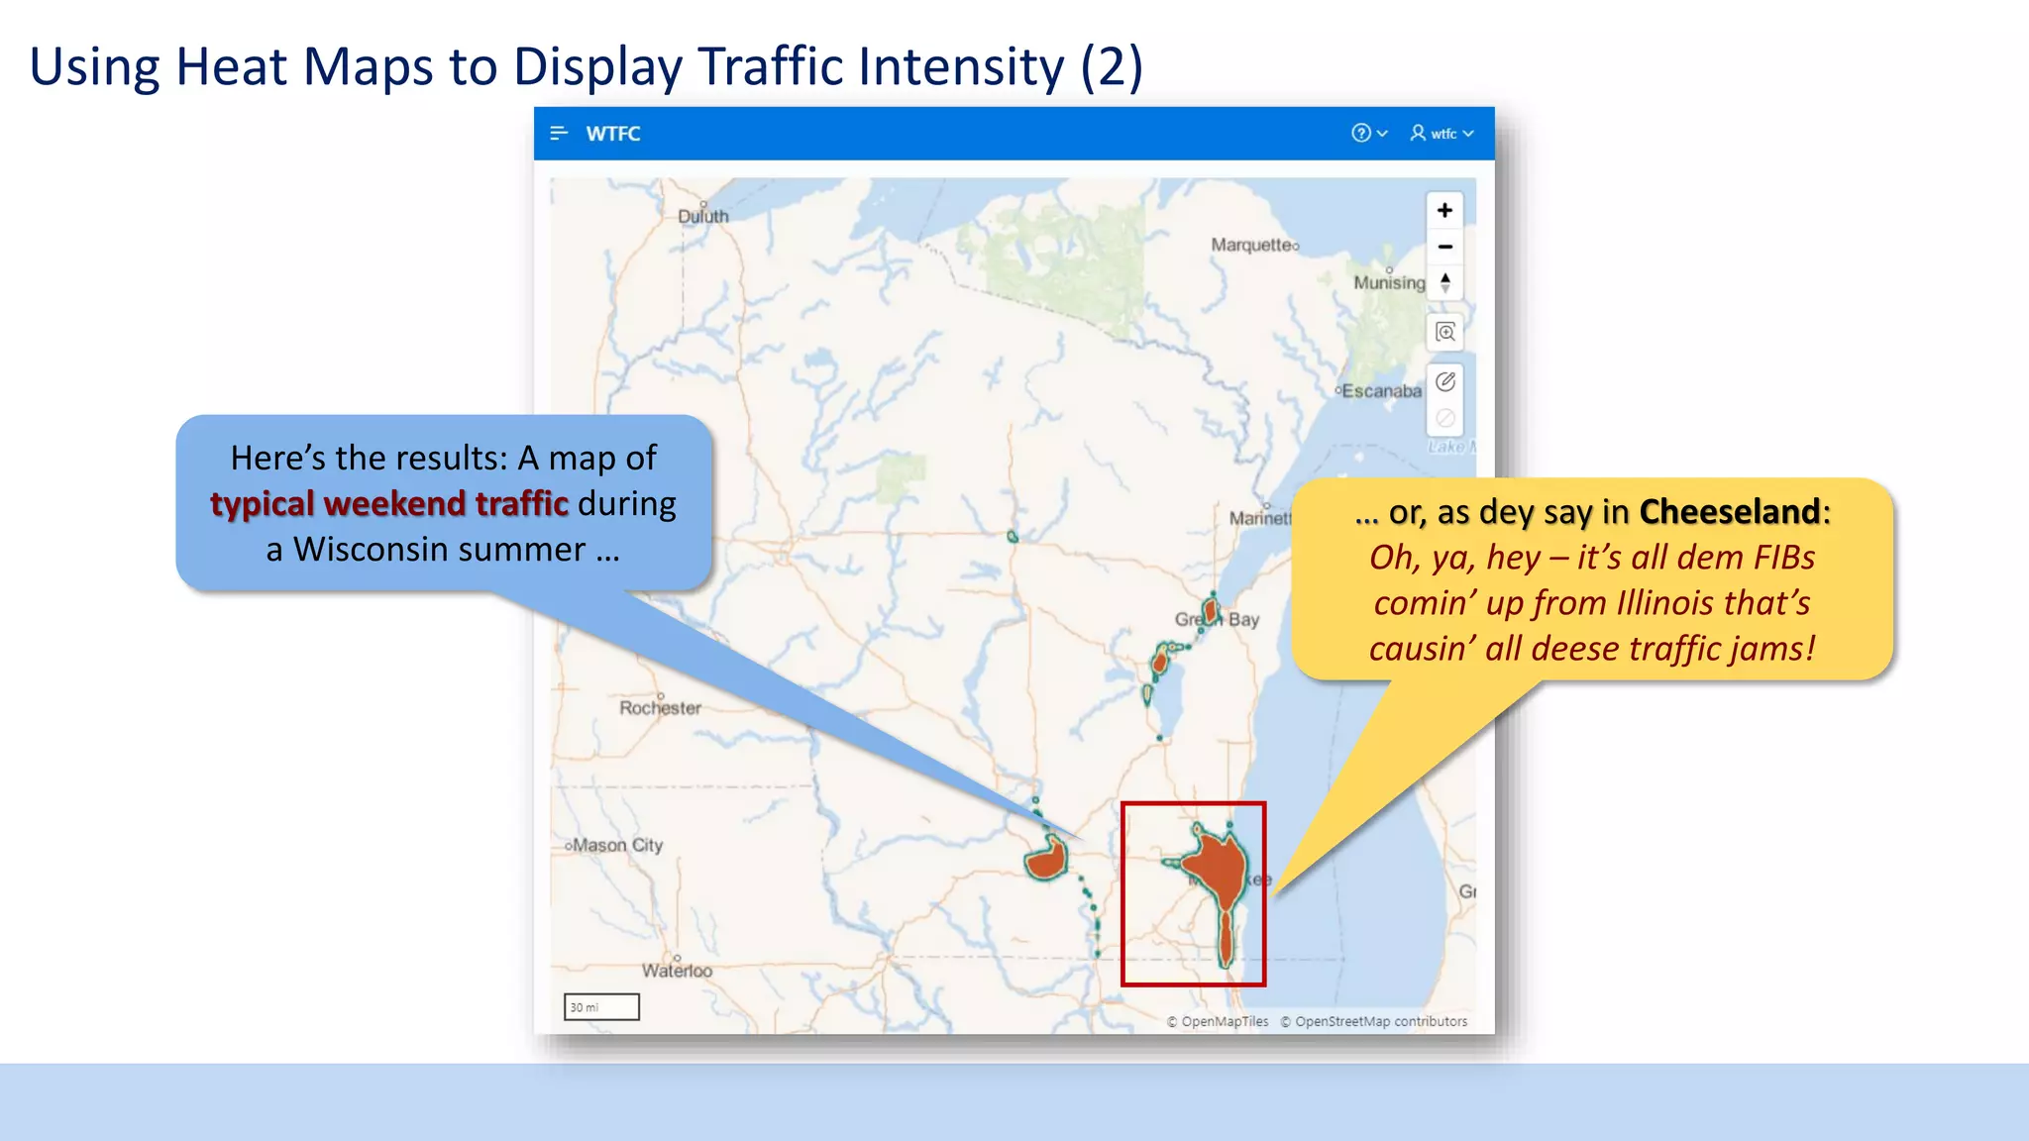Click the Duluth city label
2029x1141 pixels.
[702, 216]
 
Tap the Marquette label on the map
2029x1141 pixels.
[1253, 245]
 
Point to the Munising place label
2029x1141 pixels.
[1389, 282]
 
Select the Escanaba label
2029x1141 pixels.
[1380, 391]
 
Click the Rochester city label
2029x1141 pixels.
[660, 707]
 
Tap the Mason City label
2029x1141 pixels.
[616, 845]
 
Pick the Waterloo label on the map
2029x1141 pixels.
[677, 971]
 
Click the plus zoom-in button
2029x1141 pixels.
[1444, 210]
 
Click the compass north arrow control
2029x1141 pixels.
[1445, 283]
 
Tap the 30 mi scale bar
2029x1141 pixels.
[601, 1007]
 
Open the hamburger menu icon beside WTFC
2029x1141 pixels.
[559, 133]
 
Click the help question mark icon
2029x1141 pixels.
[1361, 133]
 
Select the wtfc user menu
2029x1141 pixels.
[1442, 133]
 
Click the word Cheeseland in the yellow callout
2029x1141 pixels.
[1729, 512]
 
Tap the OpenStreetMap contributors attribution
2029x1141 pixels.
[1380, 1021]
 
